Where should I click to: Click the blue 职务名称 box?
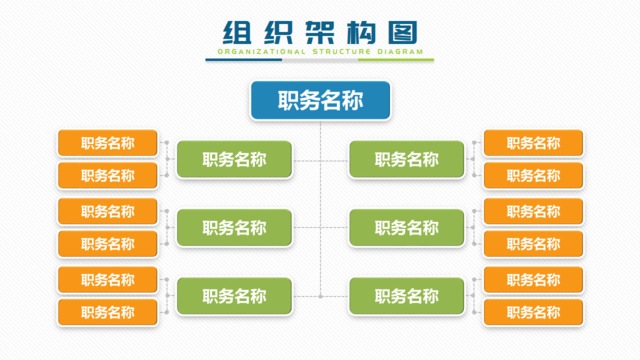click(320, 100)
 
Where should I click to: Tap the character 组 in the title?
click(236, 30)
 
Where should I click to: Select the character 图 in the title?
click(403, 30)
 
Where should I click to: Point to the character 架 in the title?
click(319, 30)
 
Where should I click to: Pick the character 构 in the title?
click(361, 30)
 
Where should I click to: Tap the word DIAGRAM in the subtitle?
click(394, 51)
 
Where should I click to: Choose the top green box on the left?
click(234, 159)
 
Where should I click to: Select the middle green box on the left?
click(234, 228)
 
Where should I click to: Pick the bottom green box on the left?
click(234, 296)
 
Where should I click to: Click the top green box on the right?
click(407, 159)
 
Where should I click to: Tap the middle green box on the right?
click(407, 228)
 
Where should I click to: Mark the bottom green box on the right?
click(407, 296)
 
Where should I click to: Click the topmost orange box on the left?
click(108, 143)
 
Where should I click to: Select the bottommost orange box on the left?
click(108, 312)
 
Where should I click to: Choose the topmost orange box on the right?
click(533, 143)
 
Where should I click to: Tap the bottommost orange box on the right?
click(533, 312)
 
